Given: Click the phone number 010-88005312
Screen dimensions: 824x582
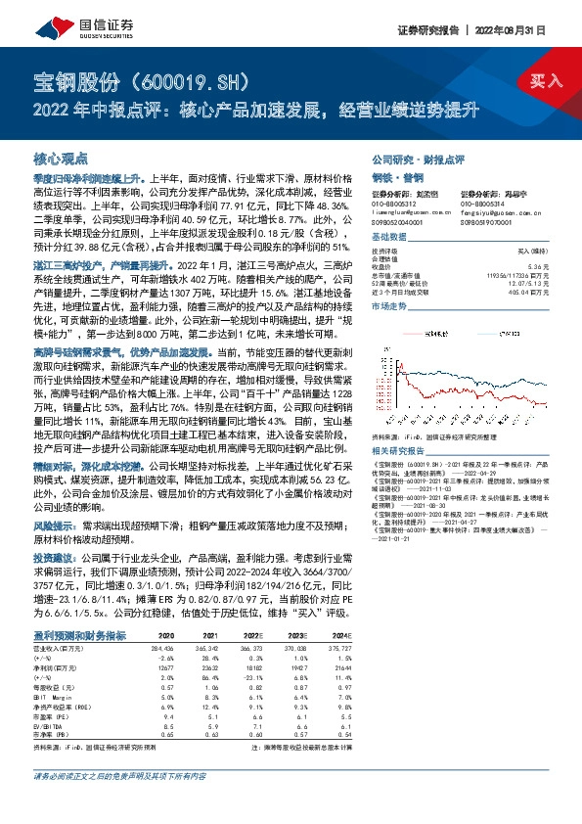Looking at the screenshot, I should pos(395,204).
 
